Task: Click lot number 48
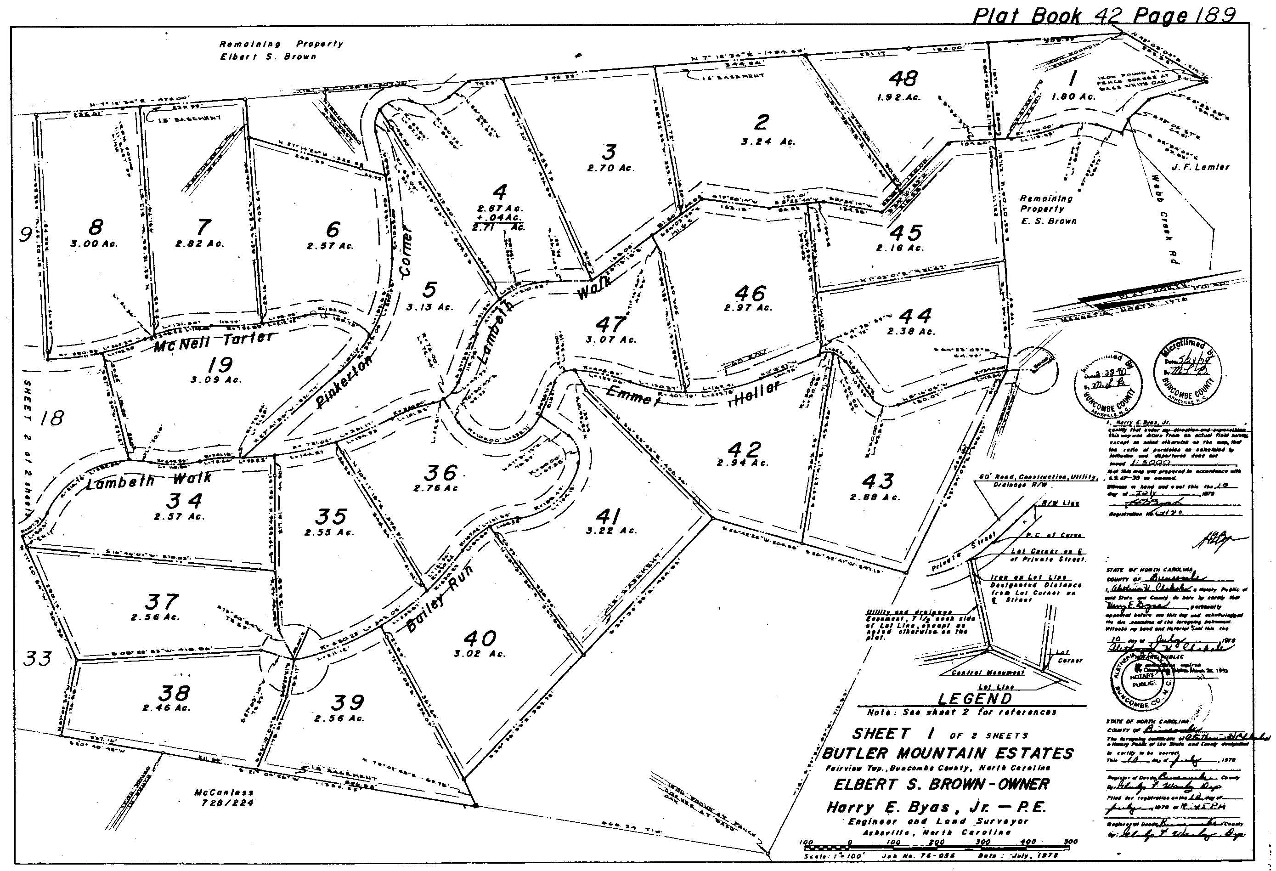pos(903,79)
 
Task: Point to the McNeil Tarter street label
pos(213,342)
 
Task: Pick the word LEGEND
pos(974,699)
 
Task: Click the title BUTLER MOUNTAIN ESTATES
pos(948,753)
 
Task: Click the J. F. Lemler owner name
pos(1201,166)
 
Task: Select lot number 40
pos(480,638)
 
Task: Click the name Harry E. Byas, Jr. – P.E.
pos(936,807)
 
